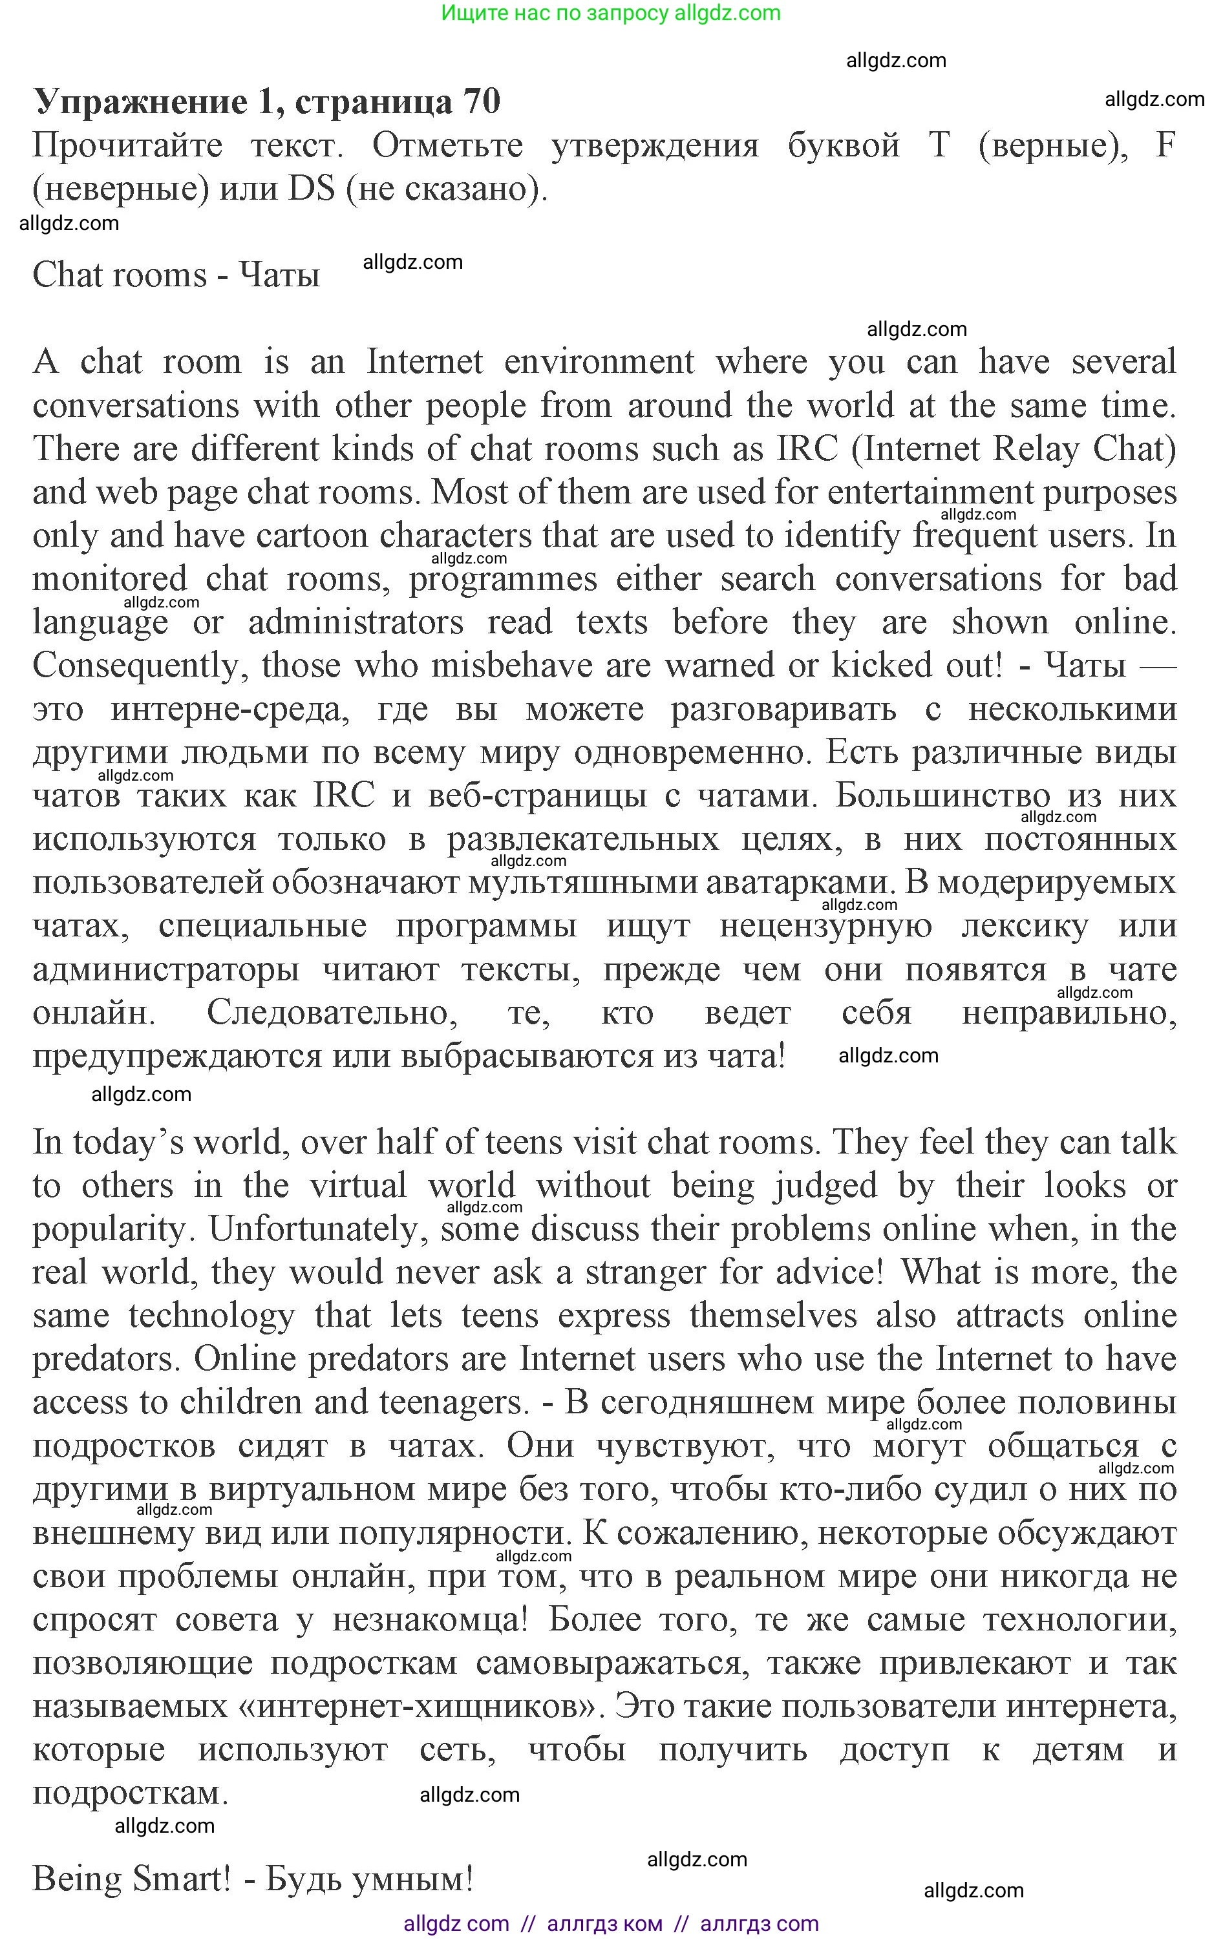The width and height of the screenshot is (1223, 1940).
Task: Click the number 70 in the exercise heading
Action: coord(481,101)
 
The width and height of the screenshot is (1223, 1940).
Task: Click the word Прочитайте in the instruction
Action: coord(127,146)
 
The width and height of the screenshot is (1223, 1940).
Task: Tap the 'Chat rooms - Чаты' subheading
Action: coord(176,275)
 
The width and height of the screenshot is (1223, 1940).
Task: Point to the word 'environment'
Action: coord(599,362)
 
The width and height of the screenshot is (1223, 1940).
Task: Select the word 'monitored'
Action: coord(110,579)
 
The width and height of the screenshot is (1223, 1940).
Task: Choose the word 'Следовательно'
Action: coord(332,1013)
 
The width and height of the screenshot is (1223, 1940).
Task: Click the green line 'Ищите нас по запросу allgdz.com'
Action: coord(611,13)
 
